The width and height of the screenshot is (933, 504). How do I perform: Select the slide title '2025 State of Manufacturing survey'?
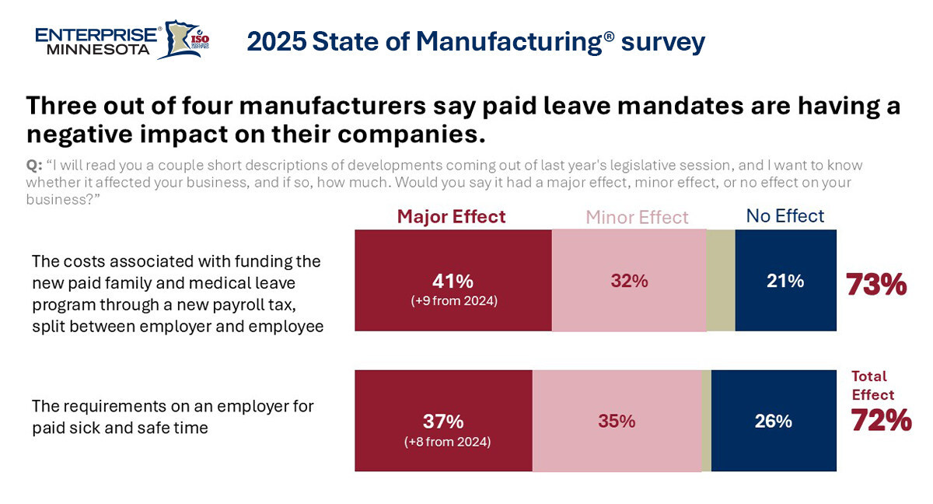click(476, 41)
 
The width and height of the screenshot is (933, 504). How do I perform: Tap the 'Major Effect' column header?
click(451, 216)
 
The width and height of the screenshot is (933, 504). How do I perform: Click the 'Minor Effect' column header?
click(637, 217)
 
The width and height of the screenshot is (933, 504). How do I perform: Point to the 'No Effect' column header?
click(785, 215)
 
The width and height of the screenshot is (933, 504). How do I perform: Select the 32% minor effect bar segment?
click(629, 281)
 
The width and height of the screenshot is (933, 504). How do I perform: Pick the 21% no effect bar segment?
click(785, 281)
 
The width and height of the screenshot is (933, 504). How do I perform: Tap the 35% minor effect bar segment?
click(617, 421)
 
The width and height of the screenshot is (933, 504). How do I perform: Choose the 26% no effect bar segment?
click(773, 421)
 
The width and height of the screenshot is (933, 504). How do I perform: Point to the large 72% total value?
click(881, 420)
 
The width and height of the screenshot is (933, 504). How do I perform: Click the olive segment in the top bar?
click(721, 280)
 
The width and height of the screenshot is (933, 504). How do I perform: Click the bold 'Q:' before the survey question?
click(34, 166)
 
